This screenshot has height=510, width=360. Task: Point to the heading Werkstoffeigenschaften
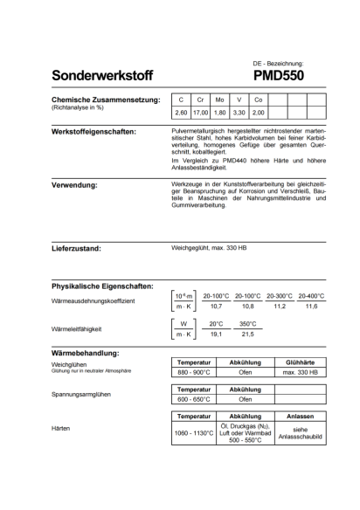coord(93,132)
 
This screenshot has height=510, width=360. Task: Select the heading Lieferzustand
coord(77,249)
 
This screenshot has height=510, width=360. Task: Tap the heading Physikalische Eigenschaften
coord(103,286)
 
